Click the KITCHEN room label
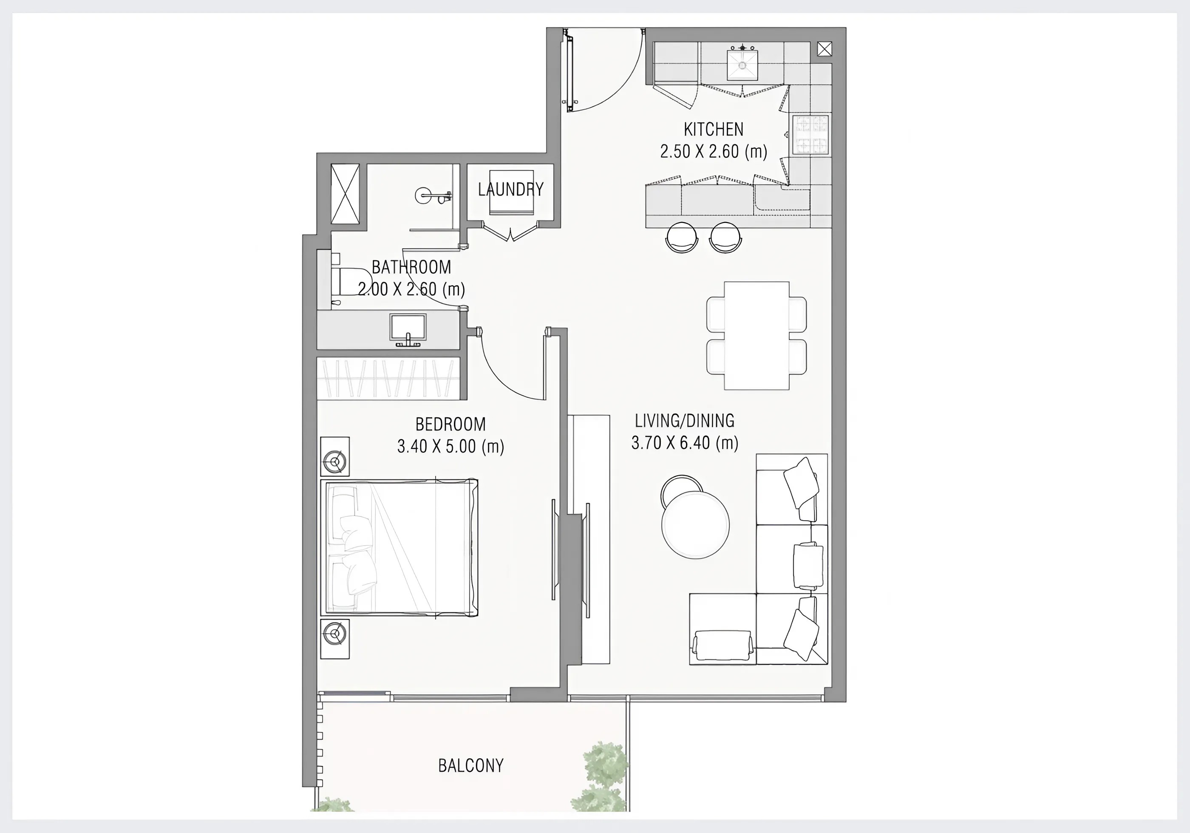713,129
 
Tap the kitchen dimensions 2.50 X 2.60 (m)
713,151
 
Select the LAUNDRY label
510,190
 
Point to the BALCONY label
470,765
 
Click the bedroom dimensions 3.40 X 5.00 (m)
450,446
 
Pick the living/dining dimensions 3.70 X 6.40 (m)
685,443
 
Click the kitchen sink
743,64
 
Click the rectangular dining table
756,335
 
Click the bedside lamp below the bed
335,639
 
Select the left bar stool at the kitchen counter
682,236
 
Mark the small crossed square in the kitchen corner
824,49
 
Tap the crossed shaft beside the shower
345,194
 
